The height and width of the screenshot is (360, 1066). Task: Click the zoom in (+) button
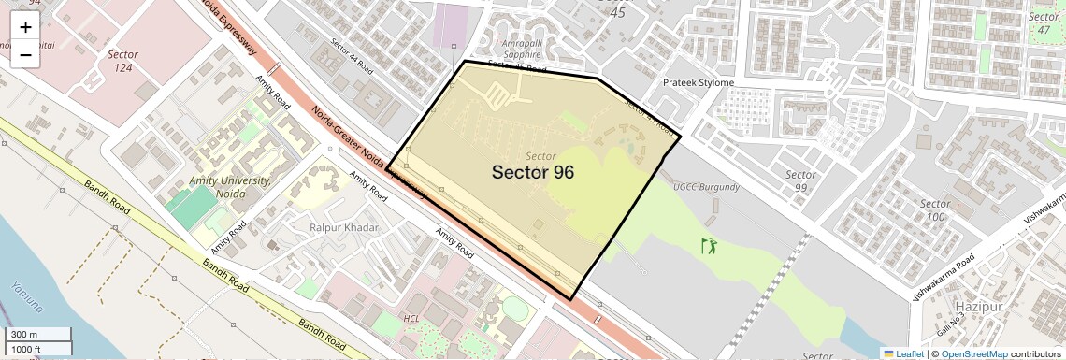(x=25, y=27)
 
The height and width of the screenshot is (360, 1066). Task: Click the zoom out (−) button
(x=25, y=55)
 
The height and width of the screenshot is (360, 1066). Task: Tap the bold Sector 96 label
(x=533, y=172)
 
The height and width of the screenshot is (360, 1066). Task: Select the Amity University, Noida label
(x=229, y=186)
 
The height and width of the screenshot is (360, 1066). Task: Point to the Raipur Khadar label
(x=344, y=228)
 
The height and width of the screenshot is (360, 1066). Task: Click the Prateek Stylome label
(x=698, y=83)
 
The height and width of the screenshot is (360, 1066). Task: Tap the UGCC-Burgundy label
(x=706, y=187)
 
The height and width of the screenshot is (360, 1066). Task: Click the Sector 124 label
(x=122, y=61)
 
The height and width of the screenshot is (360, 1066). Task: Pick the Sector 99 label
(x=801, y=181)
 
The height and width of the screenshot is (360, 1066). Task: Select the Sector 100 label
(x=935, y=210)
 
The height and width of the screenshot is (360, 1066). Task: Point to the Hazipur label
(x=979, y=307)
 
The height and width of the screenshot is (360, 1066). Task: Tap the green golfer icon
(x=709, y=247)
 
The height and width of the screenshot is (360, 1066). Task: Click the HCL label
(x=411, y=319)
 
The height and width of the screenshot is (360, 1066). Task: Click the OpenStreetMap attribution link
(x=973, y=353)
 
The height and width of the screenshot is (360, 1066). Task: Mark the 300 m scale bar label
(x=25, y=335)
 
